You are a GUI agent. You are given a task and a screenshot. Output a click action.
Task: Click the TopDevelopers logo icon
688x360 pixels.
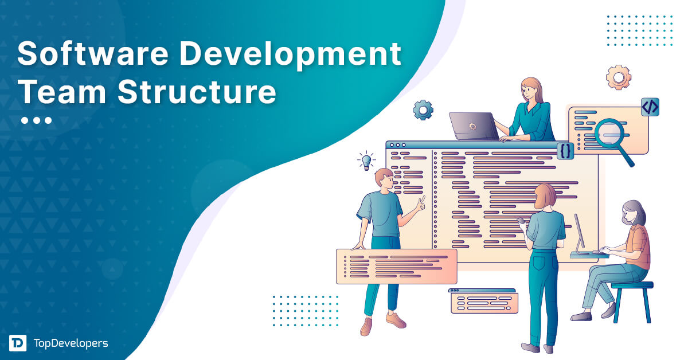click(17, 343)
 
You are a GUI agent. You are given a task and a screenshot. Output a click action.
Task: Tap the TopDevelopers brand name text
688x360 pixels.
click(71, 343)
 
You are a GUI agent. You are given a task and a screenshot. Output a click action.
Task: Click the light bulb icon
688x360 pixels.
click(365, 161)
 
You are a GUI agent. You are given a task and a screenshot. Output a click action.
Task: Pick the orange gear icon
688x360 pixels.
click(618, 77)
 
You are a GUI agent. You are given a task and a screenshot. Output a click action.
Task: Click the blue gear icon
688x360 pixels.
click(423, 109)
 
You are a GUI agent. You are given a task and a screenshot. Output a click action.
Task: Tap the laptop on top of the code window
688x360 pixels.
click(474, 126)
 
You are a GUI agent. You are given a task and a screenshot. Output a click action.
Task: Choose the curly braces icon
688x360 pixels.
click(566, 151)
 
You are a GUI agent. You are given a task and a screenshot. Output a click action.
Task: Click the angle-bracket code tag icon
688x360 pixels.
click(650, 107)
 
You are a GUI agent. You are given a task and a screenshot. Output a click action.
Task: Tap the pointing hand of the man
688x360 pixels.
click(421, 202)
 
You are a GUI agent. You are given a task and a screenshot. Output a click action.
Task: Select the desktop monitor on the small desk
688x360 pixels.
click(581, 232)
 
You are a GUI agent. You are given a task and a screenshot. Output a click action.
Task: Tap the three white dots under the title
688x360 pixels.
click(36, 120)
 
